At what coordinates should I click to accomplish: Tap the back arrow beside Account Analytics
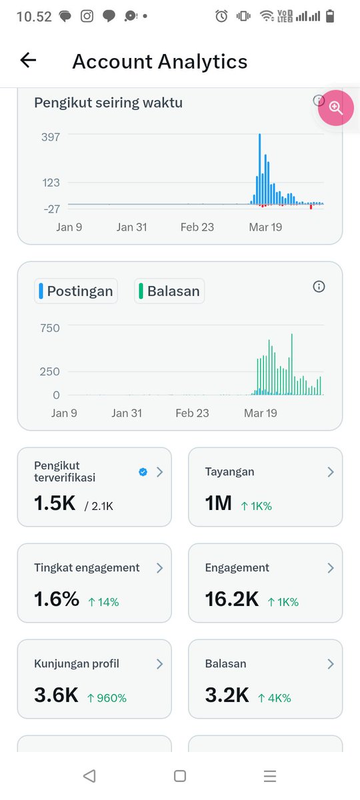click(x=28, y=61)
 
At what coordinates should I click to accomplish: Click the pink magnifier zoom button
click(x=335, y=107)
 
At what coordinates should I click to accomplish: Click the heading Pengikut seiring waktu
click(x=108, y=103)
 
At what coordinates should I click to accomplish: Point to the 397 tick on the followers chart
click(x=51, y=137)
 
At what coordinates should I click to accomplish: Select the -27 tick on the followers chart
click(x=52, y=209)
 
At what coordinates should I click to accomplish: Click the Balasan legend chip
click(x=169, y=291)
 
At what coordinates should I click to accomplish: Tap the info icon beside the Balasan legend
click(x=319, y=287)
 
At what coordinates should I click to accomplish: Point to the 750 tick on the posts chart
click(x=50, y=328)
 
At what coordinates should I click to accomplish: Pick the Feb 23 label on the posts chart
click(x=192, y=413)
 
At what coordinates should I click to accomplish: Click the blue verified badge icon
click(x=143, y=472)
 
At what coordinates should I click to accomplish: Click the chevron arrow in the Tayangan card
click(x=330, y=472)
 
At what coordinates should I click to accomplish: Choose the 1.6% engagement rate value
click(x=57, y=599)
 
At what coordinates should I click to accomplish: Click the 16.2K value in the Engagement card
click(x=231, y=599)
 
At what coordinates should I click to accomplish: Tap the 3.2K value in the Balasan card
click(x=227, y=695)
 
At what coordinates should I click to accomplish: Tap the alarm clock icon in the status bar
click(x=221, y=16)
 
